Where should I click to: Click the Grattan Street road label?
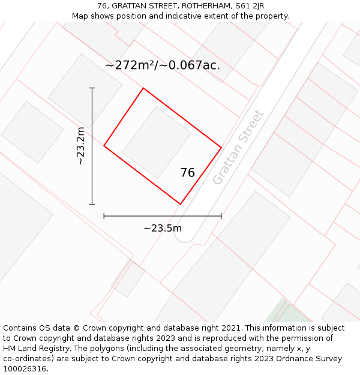coord(238,148)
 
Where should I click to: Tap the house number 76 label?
coord(188,173)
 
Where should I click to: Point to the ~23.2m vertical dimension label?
coord(80,146)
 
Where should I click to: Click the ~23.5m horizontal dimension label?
coord(163,228)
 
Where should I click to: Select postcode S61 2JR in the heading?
coord(250,6)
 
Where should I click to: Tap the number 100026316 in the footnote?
coord(24,369)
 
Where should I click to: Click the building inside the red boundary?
coord(157,143)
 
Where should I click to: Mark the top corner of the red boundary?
coord(143,88)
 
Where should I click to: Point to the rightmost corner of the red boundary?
coord(221,147)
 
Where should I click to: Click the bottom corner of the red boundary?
coord(181,204)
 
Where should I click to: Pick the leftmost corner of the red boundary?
coord(104,145)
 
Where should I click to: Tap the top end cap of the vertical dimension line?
coord(92,88)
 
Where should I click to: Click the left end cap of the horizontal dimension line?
coord(104,216)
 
